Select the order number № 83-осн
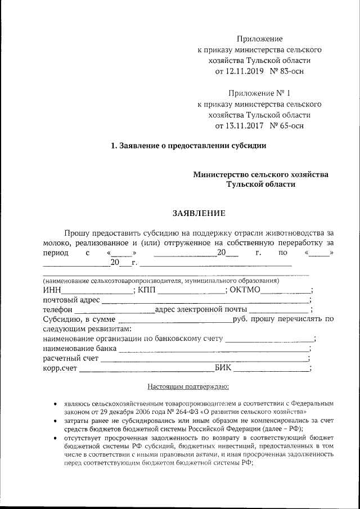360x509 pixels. click(x=287, y=71)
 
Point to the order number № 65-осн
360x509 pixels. click(x=287, y=125)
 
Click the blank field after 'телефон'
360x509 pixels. click(x=115, y=311)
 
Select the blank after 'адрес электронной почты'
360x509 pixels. click(x=279, y=311)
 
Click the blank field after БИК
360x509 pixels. click(x=271, y=370)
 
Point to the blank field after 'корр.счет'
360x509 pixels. click(x=146, y=370)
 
